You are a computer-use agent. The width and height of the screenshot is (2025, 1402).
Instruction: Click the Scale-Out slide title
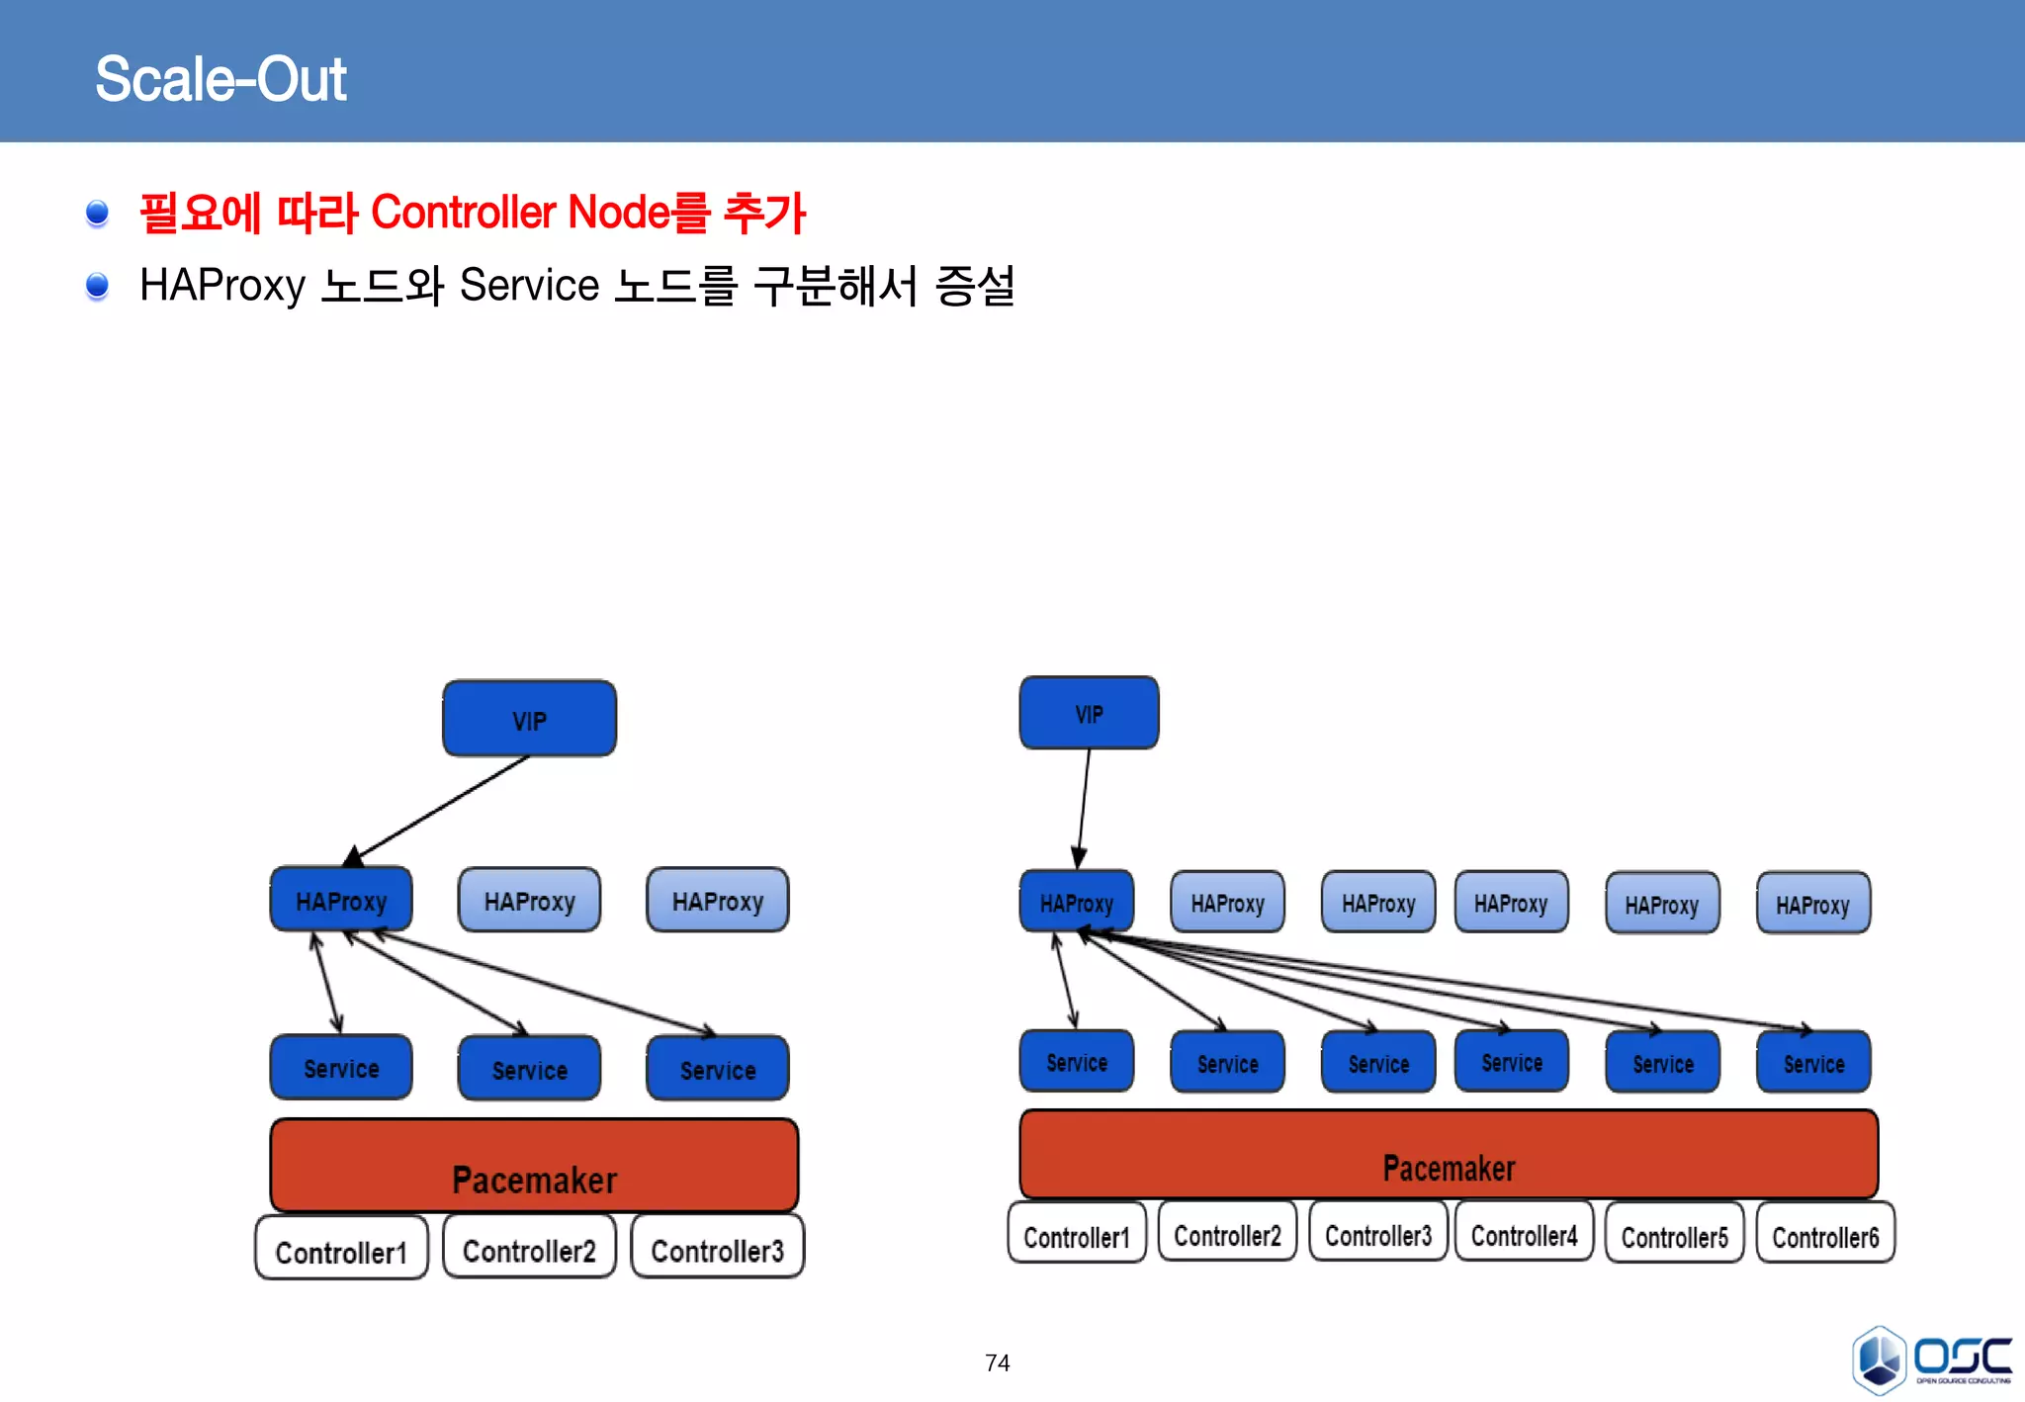pyautogui.click(x=220, y=79)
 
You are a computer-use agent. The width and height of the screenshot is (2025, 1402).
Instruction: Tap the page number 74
pyautogui.click(x=997, y=1362)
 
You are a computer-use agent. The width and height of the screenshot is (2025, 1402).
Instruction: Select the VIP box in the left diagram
pyautogui.click(x=529, y=719)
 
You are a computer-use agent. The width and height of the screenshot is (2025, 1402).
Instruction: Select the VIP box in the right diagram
pyautogui.click(x=1089, y=713)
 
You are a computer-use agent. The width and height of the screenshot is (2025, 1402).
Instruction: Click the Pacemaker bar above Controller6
pyautogui.click(x=1449, y=1155)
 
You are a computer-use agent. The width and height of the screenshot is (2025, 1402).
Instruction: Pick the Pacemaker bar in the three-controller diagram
pyautogui.click(x=534, y=1166)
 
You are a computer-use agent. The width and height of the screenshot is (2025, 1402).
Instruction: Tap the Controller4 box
pyautogui.click(x=1524, y=1234)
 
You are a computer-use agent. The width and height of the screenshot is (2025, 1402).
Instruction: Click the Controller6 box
pyautogui.click(x=1825, y=1235)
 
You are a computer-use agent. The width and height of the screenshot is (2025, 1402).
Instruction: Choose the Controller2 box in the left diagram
pyautogui.click(x=529, y=1249)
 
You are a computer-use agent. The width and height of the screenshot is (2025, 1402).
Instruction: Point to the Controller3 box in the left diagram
pyautogui.click(x=717, y=1249)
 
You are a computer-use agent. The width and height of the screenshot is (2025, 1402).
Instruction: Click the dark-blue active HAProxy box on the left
pyautogui.click(x=341, y=900)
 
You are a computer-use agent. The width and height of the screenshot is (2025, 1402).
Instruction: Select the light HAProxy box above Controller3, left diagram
pyautogui.click(x=717, y=900)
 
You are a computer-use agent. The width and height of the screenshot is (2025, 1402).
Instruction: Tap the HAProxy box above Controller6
pyautogui.click(x=1812, y=903)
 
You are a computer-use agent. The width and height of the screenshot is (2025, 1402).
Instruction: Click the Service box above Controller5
pyautogui.click(x=1662, y=1063)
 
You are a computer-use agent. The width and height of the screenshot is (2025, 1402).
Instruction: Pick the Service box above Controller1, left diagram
pyautogui.click(x=341, y=1068)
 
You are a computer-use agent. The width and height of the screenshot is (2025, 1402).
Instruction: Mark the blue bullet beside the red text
pyautogui.click(x=97, y=213)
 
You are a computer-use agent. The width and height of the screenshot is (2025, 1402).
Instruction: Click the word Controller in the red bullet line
pyautogui.click(x=464, y=213)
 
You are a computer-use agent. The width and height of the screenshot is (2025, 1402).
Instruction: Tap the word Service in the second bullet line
pyautogui.click(x=529, y=286)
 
